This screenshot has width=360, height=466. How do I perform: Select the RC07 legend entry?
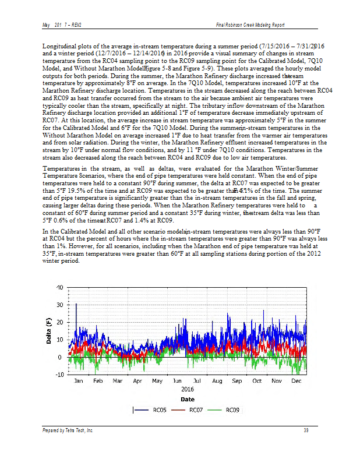pos(196,410)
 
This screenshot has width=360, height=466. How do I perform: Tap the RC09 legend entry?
pos(233,410)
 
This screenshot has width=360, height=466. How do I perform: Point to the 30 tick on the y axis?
pos(59,305)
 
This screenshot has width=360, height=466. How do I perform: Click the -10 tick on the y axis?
pos(59,374)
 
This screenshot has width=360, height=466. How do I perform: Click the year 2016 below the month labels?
pos(187,389)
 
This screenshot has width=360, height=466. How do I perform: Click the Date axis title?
pos(187,399)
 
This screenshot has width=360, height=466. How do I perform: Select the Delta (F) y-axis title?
pos(50,331)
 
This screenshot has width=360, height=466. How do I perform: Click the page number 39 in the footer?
pos(306,430)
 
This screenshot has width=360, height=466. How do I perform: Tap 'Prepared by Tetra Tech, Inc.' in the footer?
pos(68,430)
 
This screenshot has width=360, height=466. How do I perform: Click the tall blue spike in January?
pos(76,305)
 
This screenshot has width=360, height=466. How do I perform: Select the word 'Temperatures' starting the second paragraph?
pos(62,168)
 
